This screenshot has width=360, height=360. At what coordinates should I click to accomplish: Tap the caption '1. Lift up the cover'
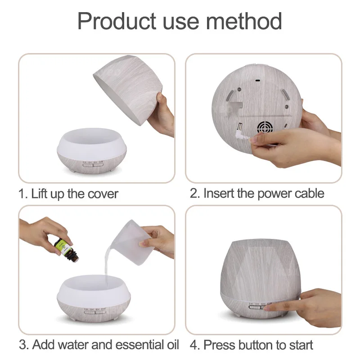coord(68,194)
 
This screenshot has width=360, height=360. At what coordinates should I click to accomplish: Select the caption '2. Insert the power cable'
coord(257,193)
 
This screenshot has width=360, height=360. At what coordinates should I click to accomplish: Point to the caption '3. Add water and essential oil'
coord(99,345)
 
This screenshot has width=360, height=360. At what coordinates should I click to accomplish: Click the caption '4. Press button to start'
coord(252,345)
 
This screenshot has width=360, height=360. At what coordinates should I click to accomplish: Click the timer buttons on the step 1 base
coord(94,164)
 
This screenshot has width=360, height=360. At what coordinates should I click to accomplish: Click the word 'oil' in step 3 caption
coord(171,345)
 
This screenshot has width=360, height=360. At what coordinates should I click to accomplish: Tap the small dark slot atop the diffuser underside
coord(257,81)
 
